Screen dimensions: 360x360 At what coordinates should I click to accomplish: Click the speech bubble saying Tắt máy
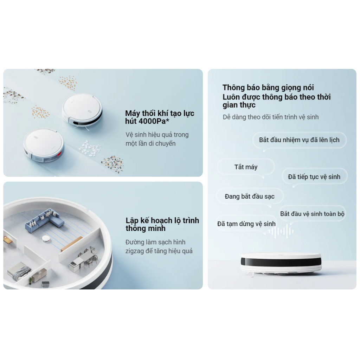tap(246, 167)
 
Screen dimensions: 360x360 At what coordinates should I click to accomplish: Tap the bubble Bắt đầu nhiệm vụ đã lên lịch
tap(299, 140)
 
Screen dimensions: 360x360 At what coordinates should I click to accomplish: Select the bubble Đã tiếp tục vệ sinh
tap(314, 177)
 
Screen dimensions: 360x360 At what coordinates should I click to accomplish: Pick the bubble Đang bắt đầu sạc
tap(250, 197)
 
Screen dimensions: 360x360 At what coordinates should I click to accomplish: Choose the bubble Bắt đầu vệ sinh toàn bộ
tap(312, 214)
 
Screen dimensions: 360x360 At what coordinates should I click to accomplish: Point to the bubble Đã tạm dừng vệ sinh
tap(246, 224)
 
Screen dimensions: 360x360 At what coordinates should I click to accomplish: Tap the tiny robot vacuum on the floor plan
tap(46, 239)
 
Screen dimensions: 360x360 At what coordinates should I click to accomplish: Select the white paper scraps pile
tap(90, 148)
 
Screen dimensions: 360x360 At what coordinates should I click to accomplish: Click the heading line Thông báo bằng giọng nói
tap(268, 88)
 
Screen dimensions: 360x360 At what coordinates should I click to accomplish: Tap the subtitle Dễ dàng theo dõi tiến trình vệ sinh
tap(270, 117)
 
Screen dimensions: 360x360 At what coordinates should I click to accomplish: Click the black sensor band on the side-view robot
tap(281, 262)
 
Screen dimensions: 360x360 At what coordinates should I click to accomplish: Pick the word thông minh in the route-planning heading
tap(145, 229)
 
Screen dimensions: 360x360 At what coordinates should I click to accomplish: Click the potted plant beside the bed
tap(30, 280)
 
